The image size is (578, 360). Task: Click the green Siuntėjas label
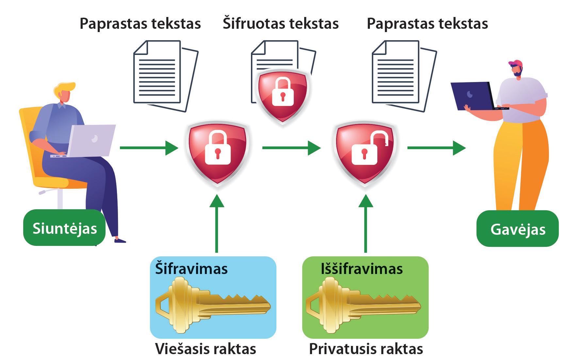click(64, 228)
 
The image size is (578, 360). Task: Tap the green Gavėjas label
click(518, 229)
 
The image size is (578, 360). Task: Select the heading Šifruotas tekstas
click(281, 24)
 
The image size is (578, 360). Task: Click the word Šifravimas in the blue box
click(191, 268)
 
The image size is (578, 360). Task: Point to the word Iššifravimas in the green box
click(362, 268)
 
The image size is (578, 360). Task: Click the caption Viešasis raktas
click(205, 349)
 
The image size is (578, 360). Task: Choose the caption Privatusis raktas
click(366, 349)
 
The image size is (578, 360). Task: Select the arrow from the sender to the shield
click(149, 148)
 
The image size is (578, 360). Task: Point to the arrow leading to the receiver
click(436, 148)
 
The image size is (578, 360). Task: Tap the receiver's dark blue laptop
click(472, 95)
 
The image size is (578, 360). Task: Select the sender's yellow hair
click(64, 88)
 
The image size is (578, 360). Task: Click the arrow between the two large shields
click(291, 148)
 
